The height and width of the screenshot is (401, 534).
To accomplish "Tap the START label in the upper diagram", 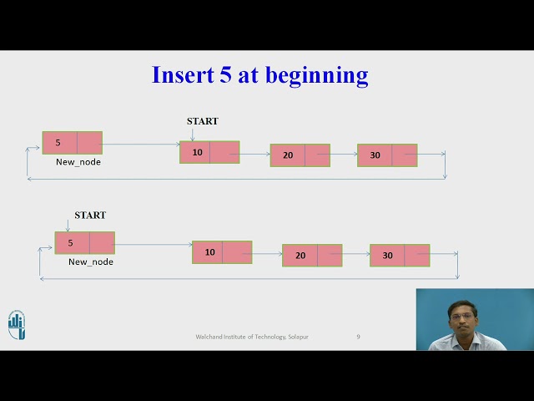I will pyautogui.click(x=202, y=121).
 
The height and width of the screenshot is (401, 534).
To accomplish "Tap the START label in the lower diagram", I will pyautogui.click(x=90, y=216).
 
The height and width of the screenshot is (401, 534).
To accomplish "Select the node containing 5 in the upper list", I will pyautogui.click(x=73, y=143).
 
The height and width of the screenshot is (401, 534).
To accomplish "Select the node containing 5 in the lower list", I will pyautogui.click(x=84, y=243).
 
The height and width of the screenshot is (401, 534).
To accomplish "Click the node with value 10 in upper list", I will pyautogui.click(x=209, y=152).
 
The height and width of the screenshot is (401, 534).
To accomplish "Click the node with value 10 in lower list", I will pyautogui.click(x=222, y=252).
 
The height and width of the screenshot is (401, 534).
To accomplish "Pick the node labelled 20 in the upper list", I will pyautogui.click(x=300, y=155).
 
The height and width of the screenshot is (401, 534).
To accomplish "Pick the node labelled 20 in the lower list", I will pyautogui.click(x=312, y=256).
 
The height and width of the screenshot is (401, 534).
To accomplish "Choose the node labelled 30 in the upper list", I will pyautogui.click(x=387, y=155).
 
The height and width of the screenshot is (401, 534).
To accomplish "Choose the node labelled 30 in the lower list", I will pyautogui.click(x=400, y=256).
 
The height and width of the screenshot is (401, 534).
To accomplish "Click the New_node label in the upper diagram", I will pyautogui.click(x=78, y=162).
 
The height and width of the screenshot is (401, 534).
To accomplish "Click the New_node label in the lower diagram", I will pyautogui.click(x=91, y=262).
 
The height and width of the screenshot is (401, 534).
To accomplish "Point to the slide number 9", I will pyautogui.click(x=359, y=337).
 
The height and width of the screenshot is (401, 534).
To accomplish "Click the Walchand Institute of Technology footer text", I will pyautogui.click(x=252, y=337).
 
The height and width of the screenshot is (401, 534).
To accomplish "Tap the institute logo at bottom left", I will pyautogui.click(x=17, y=325).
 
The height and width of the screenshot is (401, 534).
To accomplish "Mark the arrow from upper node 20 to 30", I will pyautogui.click(x=344, y=155).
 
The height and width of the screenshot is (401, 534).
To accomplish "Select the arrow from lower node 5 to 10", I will pyautogui.click(x=154, y=245).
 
